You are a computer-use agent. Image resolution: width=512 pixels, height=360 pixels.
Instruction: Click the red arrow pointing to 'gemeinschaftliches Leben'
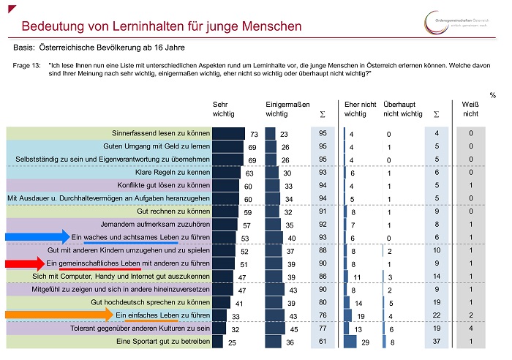click(x=23, y=263)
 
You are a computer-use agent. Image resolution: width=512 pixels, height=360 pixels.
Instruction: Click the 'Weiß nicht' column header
click(x=471, y=110)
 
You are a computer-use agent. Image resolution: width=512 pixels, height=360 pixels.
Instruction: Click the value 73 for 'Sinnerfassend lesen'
click(x=255, y=135)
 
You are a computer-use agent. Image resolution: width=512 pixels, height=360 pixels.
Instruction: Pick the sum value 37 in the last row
click(x=437, y=342)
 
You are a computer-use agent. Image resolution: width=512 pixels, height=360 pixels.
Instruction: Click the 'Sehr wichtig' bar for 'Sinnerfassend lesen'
click(x=228, y=134)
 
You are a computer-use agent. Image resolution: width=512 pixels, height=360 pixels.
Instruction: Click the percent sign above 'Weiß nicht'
click(x=492, y=95)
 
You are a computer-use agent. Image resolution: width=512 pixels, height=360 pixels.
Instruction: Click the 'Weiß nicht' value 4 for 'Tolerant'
click(x=471, y=329)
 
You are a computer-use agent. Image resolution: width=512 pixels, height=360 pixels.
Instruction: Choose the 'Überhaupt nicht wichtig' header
click(x=402, y=110)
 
